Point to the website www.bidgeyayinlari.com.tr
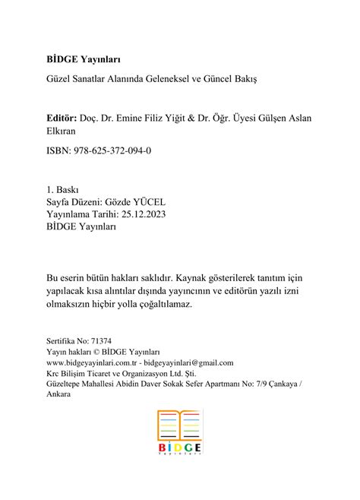(x=93, y=363)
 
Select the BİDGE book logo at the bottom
(x=179, y=432)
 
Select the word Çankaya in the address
(x=281, y=384)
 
